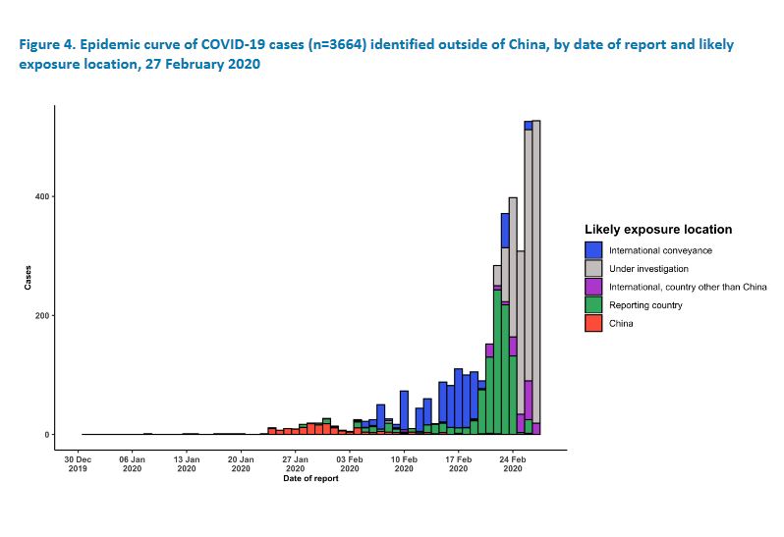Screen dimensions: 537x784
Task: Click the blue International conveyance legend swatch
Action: click(x=593, y=250)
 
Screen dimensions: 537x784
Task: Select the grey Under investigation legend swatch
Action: click(x=593, y=268)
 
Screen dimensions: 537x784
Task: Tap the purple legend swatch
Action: click(x=593, y=287)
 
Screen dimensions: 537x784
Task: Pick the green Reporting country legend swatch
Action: click(x=593, y=305)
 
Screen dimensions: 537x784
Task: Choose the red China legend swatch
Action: click(x=593, y=323)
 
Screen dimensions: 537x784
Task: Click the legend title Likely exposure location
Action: click(x=657, y=230)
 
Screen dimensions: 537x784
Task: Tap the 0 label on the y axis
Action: click(x=45, y=435)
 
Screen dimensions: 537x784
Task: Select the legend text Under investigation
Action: click(x=648, y=269)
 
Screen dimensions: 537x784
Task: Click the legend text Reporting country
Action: click(x=645, y=305)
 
